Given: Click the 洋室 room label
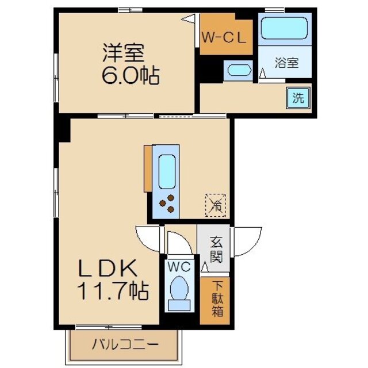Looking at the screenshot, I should pos(123,53).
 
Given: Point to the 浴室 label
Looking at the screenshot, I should pos(285,63).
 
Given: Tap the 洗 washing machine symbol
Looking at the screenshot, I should pos(298,98).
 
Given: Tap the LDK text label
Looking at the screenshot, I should pos(108,269).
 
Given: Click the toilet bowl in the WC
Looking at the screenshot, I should pos(181,290).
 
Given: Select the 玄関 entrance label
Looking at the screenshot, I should pos(216,248).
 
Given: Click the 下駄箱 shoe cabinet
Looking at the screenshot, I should pos(217,299).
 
